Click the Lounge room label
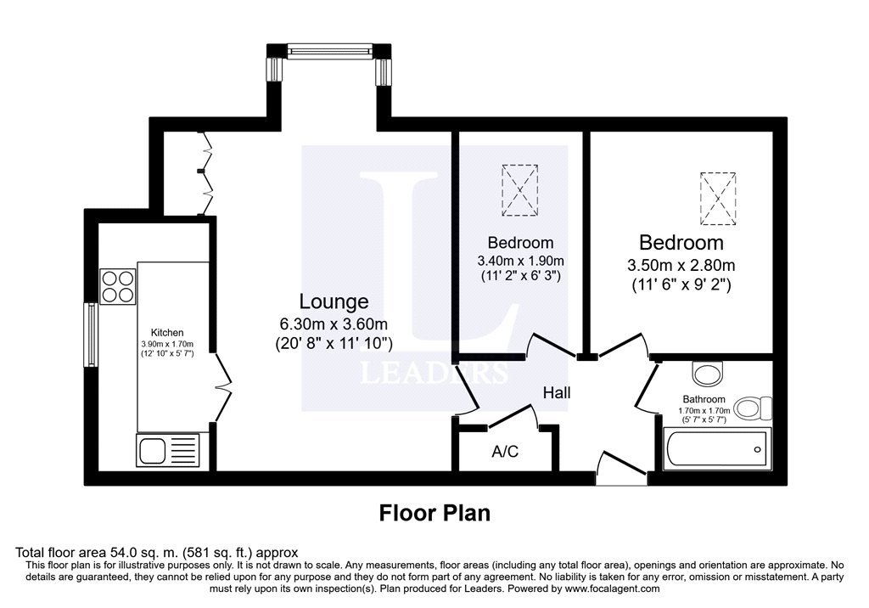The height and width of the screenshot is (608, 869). pos(334,301)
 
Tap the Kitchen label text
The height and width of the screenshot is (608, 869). pos(167,332)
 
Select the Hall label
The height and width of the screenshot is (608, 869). pos(557,393)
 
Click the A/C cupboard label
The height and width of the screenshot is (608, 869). pos(505,452)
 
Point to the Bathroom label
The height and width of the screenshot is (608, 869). pos(704,399)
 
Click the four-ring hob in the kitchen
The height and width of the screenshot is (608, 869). pos(117,286)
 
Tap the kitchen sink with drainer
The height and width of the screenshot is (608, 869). pos(167,449)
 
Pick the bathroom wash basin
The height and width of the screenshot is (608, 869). pos(708,374)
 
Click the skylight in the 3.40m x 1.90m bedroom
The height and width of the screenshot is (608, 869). pos(519,189)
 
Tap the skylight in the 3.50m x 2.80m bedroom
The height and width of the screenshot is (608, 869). pos(718,199)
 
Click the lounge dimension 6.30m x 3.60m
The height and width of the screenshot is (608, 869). pos(334,324)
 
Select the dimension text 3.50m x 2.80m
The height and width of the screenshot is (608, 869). pos(681,265)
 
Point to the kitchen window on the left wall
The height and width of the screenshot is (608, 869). pos(90,335)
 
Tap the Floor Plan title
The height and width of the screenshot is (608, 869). pos(434,513)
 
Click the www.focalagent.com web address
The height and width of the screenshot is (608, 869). pos(611,588)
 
